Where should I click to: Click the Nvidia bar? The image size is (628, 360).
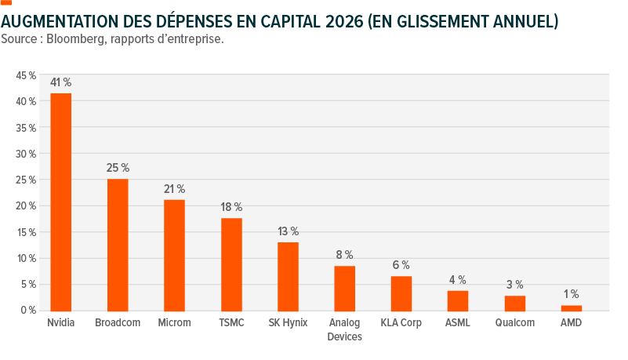(61, 202)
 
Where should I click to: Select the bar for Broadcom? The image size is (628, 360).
(118, 245)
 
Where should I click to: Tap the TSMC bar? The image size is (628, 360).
(231, 264)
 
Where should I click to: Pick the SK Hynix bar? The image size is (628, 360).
(288, 277)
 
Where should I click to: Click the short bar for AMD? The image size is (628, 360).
(572, 308)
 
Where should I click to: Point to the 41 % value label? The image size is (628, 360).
(61, 82)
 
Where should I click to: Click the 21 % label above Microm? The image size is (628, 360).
(174, 189)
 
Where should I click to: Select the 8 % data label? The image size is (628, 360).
(344, 255)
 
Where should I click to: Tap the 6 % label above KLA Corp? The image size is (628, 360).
(401, 265)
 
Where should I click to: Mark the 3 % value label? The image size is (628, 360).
(514, 285)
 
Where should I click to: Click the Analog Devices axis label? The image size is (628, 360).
(344, 329)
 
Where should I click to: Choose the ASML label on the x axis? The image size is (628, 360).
(458, 323)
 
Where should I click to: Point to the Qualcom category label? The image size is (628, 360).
(514, 323)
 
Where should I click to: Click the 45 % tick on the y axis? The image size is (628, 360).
(26, 75)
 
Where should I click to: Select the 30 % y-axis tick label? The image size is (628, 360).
(26, 154)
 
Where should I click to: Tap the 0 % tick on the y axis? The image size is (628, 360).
(28, 311)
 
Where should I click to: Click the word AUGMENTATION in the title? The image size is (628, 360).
(60, 22)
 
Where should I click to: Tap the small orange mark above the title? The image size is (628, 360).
(6, 2)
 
